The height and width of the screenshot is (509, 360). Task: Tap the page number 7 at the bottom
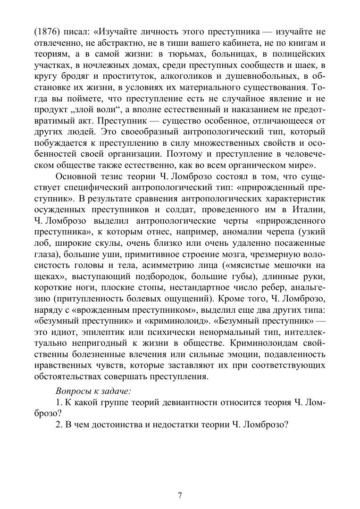pos(180,495)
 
